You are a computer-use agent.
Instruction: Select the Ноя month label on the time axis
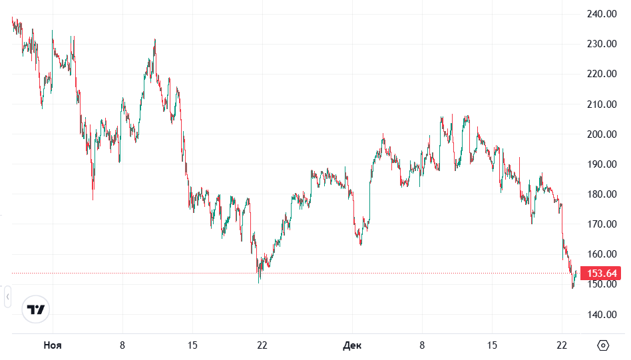point(53,345)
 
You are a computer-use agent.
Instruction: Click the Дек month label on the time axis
point(352,345)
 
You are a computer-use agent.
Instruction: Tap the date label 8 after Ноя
point(122,345)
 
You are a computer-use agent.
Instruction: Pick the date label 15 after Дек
point(492,345)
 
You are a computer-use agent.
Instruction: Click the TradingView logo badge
point(36,309)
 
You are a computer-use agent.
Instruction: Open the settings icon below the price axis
point(603,345)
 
